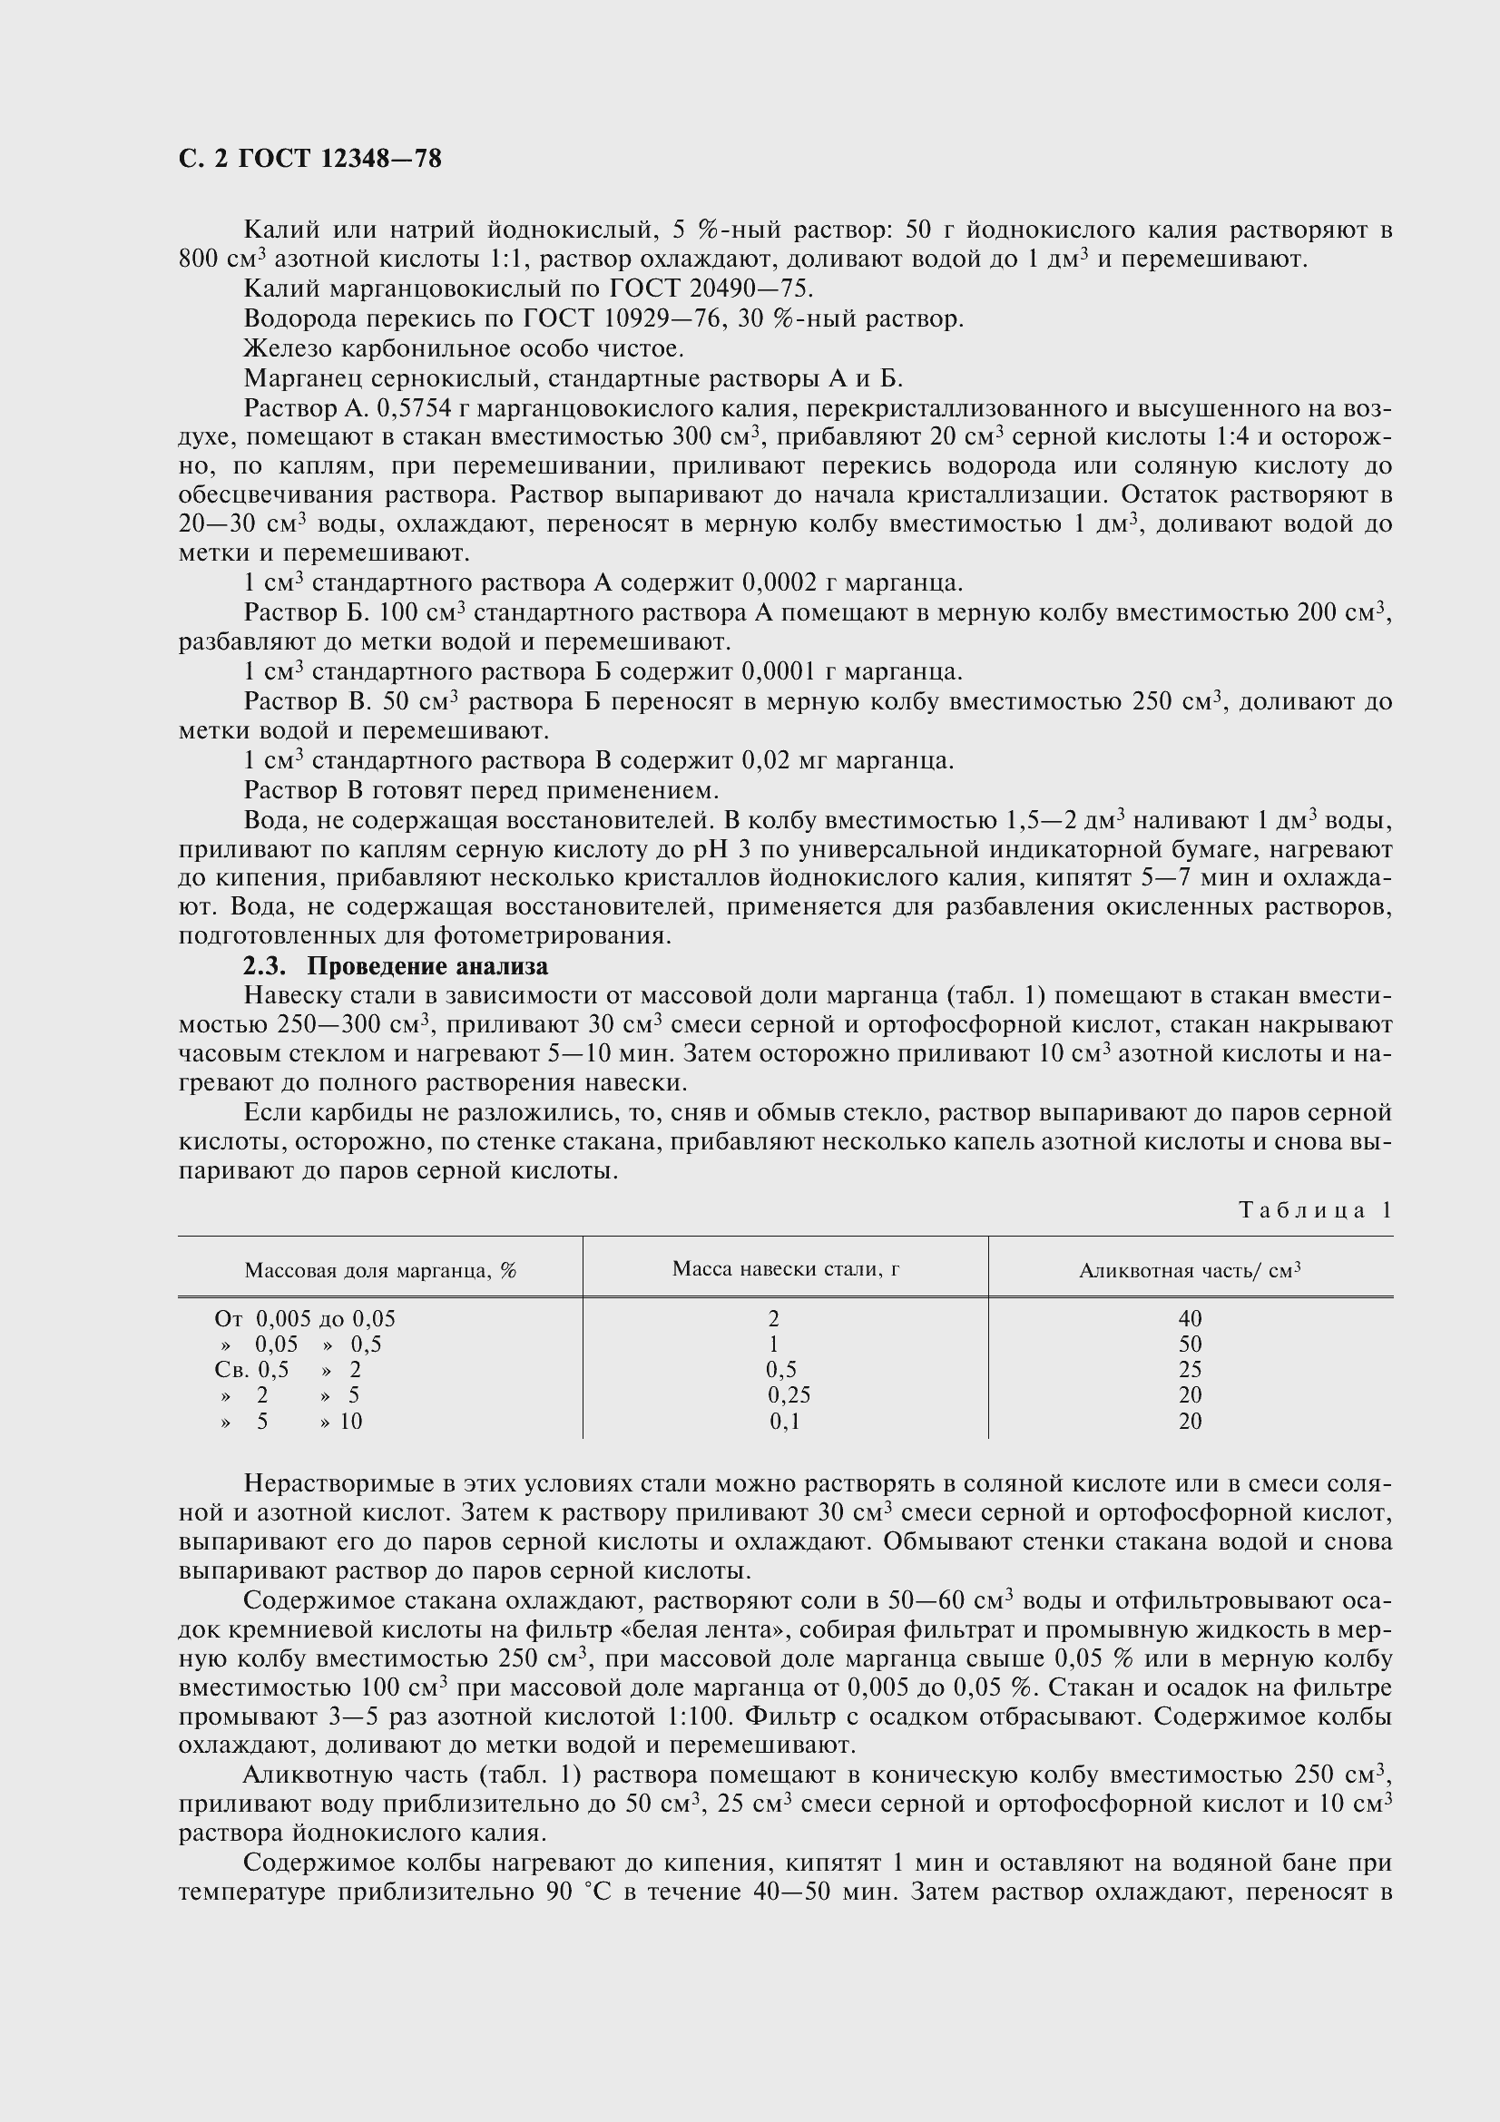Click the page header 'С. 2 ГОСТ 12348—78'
[x=309, y=160]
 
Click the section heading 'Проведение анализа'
[x=427, y=967]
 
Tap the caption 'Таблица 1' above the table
[x=1314, y=1211]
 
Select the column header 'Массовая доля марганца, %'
[x=380, y=1271]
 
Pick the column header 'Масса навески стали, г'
[x=786, y=1269]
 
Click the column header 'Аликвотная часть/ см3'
[x=1190, y=1271]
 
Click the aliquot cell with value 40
[x=1191, y=1319]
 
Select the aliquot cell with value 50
[x=1191, y=1345]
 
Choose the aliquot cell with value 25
[x=1191, y=1370]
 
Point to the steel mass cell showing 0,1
[x=785, y=1421]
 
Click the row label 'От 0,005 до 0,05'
[x=305, y=1319]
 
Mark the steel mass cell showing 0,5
[x=782, y=1370]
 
